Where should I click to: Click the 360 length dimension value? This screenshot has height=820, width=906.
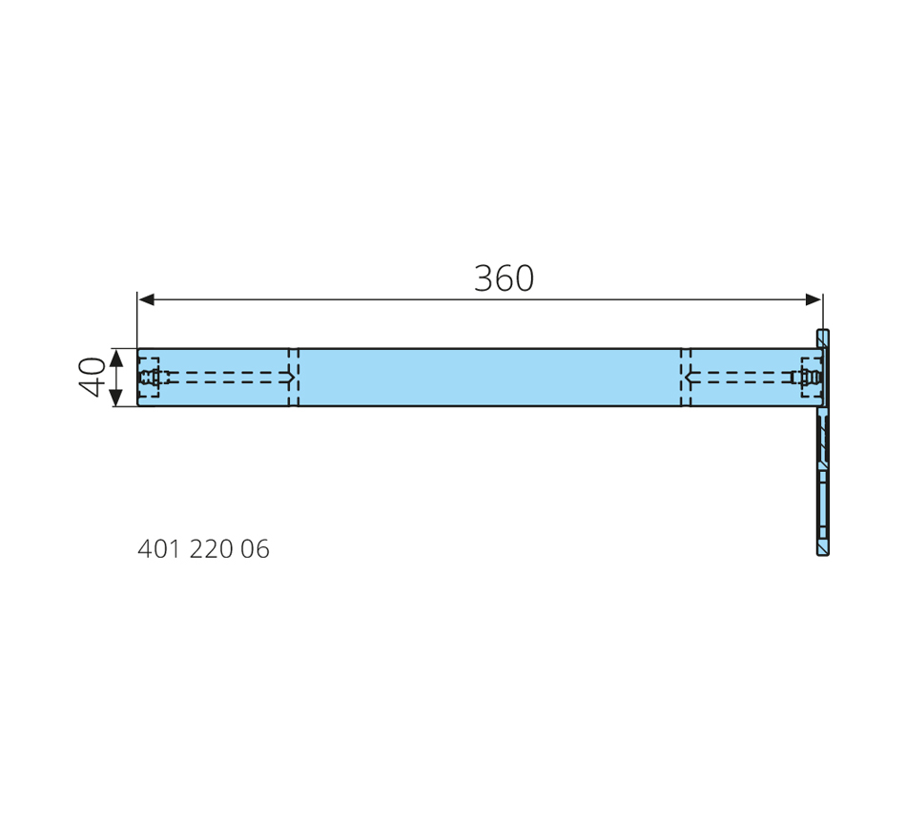(504, 278)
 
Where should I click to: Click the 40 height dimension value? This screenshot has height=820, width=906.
(92, 377)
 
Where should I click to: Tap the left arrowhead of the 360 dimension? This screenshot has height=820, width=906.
(147, 299)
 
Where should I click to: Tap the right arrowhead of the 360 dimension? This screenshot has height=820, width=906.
(813, 299)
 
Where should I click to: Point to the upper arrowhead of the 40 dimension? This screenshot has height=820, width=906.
(116, 358)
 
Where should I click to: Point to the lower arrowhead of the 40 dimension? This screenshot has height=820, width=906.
(116, 397)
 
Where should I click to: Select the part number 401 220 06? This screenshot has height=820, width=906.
(203, 549)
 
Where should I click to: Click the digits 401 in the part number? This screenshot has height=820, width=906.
(159, 549)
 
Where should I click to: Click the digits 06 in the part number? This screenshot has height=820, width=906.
(255, 549)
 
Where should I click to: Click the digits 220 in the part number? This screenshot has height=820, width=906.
(211, 549)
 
